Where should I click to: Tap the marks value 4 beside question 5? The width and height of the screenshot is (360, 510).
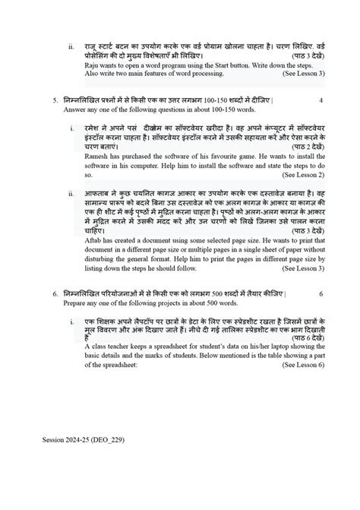(321, 100)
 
